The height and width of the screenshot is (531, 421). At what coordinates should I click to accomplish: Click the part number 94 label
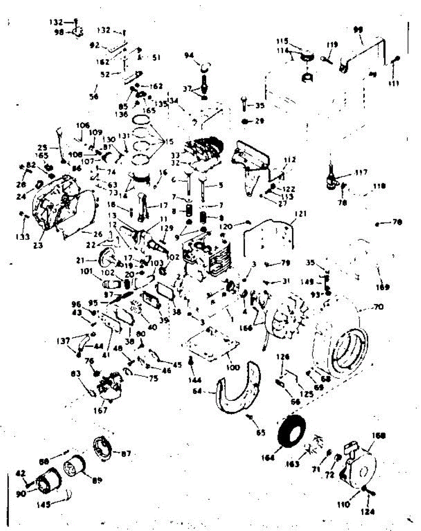189,55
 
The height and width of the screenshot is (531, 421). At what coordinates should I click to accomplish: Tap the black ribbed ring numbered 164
291,431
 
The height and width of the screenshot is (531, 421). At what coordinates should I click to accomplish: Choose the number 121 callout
301,214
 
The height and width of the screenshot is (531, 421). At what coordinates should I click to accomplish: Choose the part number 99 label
358,30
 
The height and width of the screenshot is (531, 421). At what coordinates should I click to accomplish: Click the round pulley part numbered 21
107,257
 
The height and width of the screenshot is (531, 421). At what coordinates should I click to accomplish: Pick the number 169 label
383,287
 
